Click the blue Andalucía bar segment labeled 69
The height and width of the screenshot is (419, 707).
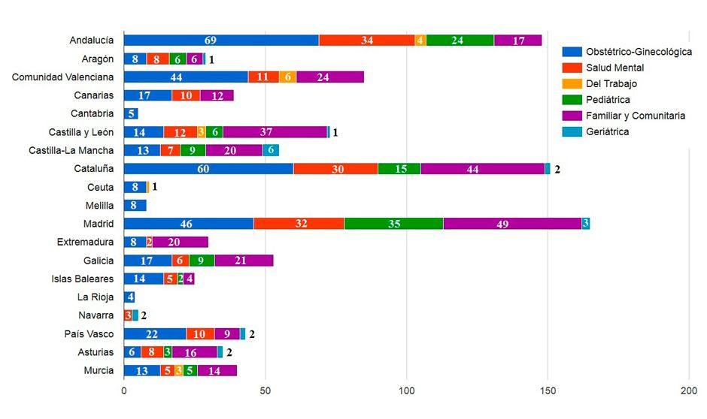point(221,41)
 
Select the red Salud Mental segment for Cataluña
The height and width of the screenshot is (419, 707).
point(335,169)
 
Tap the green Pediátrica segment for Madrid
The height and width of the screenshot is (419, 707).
point(393,224)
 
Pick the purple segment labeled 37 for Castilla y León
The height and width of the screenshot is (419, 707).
point(275,132)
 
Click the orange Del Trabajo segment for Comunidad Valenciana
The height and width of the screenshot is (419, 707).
point(287,77)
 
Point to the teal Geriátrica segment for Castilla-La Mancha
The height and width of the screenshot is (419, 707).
point(271,150)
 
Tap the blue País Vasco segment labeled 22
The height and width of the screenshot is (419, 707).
point(155,334)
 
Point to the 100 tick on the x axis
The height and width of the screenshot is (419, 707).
point(407,391)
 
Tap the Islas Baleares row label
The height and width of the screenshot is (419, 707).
point(83,279)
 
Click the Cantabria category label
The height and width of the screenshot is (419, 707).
point(93,114)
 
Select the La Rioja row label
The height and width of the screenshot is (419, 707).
point(96,297)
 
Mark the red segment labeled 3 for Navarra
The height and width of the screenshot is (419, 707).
point(128,315)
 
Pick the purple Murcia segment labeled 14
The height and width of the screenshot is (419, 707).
point(217,370)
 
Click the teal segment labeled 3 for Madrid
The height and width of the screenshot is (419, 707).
point(586,224)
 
